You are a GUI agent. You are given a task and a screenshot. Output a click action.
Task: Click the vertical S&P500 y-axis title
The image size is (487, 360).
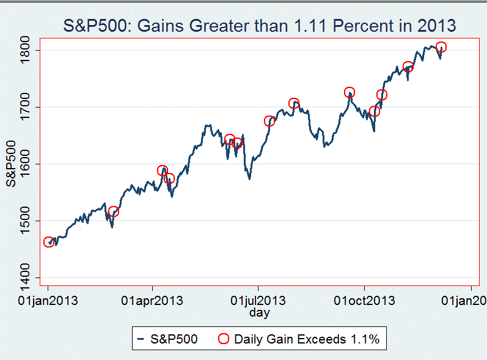(11, 163)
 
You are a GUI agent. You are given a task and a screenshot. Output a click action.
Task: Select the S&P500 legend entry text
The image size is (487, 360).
(174, 339)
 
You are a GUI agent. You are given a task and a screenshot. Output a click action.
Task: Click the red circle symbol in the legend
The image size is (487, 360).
(224, 339)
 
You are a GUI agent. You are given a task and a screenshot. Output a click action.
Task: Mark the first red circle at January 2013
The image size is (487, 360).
(49, 243)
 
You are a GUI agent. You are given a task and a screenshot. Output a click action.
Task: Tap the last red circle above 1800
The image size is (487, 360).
(441, 47)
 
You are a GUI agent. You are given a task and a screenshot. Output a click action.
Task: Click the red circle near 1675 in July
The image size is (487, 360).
(269, 121)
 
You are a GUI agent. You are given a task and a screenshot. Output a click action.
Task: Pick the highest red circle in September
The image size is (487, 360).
(350, 92)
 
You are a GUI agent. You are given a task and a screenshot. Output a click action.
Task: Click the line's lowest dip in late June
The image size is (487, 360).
(249, 178)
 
